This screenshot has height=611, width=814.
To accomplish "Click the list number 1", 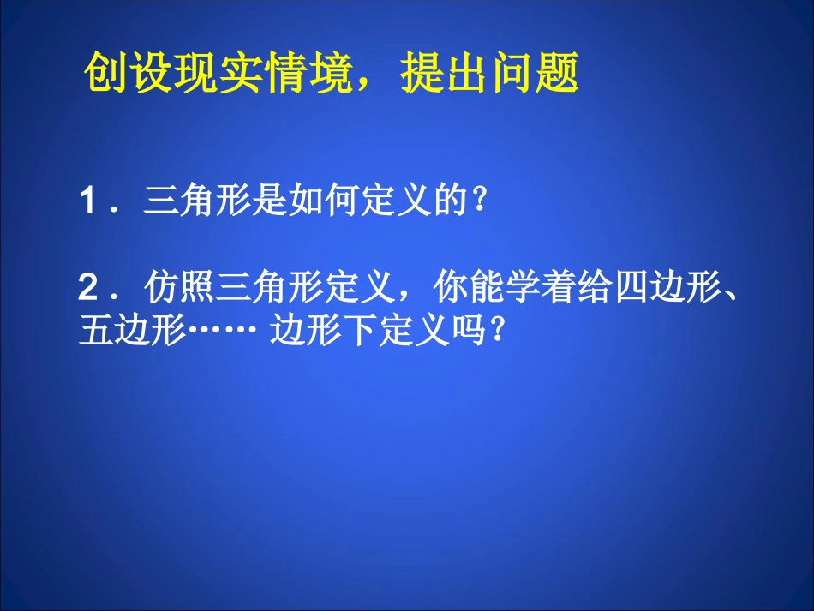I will pyautogui.click(x=87, y=205).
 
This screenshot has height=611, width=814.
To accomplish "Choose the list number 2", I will pyautogui.click(x=87, y=286).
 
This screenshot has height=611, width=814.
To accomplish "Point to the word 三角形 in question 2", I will pyautogui.click(x=270, y=285).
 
